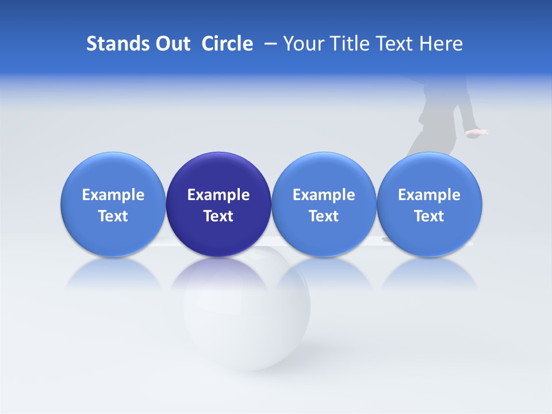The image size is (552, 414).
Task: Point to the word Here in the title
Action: tap(442, 44)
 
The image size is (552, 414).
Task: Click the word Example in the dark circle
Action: tap(218, 195)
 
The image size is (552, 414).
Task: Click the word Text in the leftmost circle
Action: tap(113, 216)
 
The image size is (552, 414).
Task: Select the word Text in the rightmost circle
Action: tap(430, 216)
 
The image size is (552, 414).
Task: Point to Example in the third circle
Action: tap(324, 195)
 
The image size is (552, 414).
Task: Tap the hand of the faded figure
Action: tap(477, 133)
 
